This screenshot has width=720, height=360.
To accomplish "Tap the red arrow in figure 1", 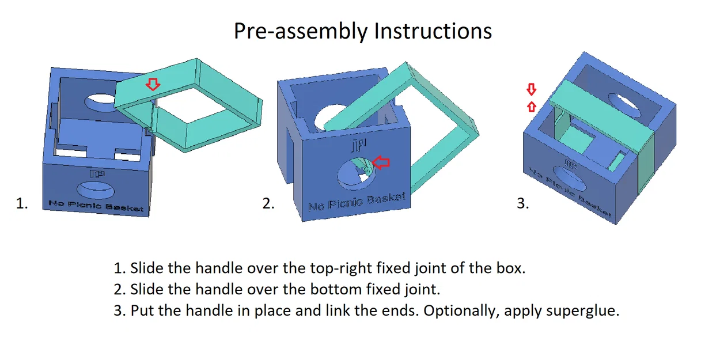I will (x=152, y=85).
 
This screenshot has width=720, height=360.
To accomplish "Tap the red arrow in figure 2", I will (x=381, y=163).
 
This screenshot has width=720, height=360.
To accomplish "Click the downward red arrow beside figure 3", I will (x=532, y=89).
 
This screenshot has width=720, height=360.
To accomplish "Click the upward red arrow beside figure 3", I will (x=532, y=106).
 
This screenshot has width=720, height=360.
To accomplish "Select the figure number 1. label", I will (x=22, y=203).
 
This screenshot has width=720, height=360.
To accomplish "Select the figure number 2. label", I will (x=268, y=203).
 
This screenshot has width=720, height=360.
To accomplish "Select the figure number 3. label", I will (x=522, y=203).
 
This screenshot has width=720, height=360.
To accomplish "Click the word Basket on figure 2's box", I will (x=384, y=199).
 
